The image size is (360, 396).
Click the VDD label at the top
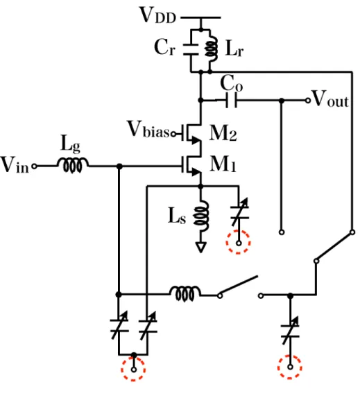click(157, 15)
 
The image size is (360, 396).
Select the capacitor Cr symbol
click(191, 50)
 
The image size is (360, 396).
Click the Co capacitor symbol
click(231, 101)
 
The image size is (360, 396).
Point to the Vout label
click(331, 98)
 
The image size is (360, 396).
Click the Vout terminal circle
click(308, 101)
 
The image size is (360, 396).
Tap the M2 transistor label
click(223, 133)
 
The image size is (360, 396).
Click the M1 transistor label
click(223, 164)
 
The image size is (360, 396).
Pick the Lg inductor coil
click(73, 166)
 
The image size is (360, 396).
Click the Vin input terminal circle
click(35, 166)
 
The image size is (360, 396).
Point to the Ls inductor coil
click(201, 216)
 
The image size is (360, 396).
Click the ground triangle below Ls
click(201, 247)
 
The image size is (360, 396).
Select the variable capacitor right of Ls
click(239, 212)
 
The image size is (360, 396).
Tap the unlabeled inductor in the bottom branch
click(185, 293)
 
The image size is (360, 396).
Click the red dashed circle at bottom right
click(290, 367)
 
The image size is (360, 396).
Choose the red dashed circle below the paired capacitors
click(133, 369)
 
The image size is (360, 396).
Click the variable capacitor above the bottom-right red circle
click(290, 331)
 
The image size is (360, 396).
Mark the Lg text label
click(71, 144)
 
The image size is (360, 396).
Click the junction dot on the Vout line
click(282, 101)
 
